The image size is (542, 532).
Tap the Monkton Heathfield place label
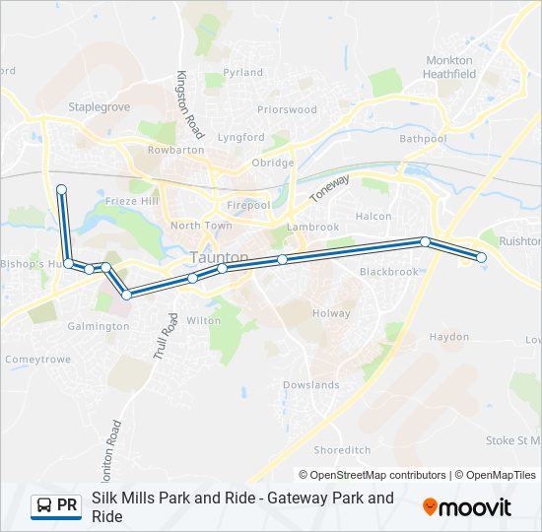(450, 67)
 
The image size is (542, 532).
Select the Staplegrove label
(99, 107)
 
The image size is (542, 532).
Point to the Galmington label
(99, 326)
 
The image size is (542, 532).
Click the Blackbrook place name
(388, 272)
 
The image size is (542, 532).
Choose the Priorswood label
(287, 110)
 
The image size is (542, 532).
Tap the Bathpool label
(423, 140)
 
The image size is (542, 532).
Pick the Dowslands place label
(311, 385)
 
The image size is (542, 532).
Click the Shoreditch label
(341, 449)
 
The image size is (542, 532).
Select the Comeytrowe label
(37, 360)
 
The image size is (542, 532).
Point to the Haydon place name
(449, 337)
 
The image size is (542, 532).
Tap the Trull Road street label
(164, 337)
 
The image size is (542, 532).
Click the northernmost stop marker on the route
(61, 188)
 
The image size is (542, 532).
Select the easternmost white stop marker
(482, 257)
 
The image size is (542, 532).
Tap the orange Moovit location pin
(431, 506)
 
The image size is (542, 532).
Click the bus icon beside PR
(43, 506)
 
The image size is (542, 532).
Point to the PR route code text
(67, 506)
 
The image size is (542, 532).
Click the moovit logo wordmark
(475, 507)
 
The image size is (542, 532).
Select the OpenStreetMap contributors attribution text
(378, 475)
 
